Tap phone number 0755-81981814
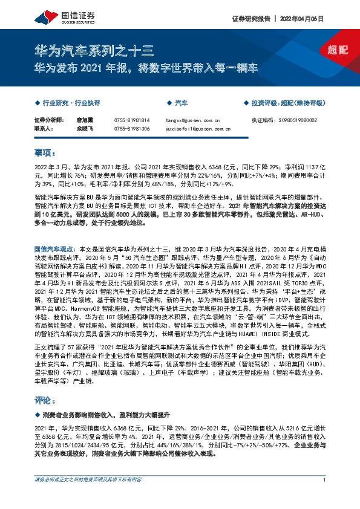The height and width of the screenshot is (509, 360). point(131,120)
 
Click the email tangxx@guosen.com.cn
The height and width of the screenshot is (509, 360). point(193,120)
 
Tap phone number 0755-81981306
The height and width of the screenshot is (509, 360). point(131,129)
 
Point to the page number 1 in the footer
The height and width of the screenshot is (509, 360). point(325,496)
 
